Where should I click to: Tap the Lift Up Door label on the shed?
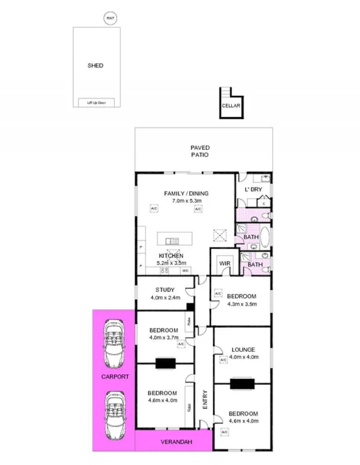click(97, 103)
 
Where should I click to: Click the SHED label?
click(95, 66)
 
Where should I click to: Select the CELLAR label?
click(231, 106)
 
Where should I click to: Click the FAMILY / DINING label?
click(186, 194)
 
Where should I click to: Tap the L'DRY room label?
click(253, 191)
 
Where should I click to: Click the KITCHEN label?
click(171, 256)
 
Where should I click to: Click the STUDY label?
click(166, 290)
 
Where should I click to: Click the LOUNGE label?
click(242, 349)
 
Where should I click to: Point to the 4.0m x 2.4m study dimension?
click(165, 298)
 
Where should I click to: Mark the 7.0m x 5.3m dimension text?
click(186, 201)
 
